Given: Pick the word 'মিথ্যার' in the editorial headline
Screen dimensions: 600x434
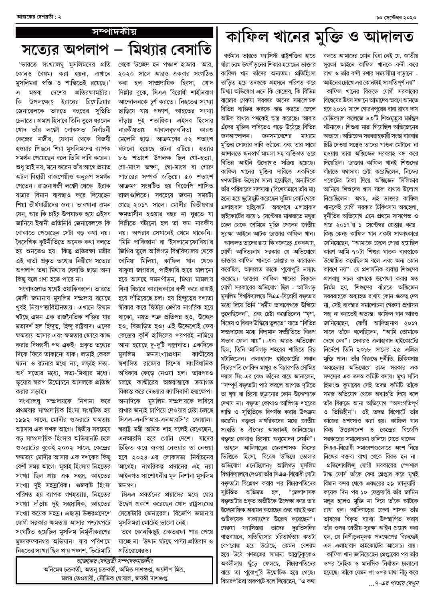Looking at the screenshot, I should pyautogui.click(x=161, y=51).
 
